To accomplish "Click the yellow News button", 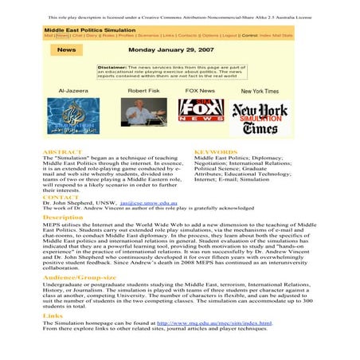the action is pyautogui.click(x=67, y=49).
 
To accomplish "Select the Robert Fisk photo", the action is pyautogui.click(x=143, y=114).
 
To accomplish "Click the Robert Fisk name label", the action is pyautogui.click(x=143, y=91).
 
